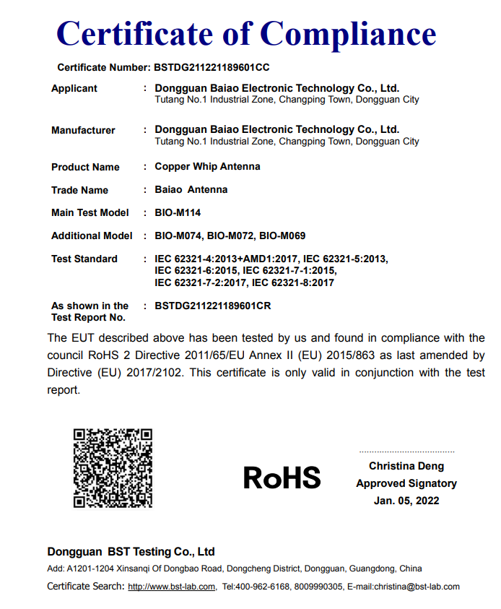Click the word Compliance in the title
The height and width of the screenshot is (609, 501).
tap(349, 34)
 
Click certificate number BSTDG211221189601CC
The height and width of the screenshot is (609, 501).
tap(212, 67)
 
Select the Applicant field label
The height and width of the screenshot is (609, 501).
tap(74, 88)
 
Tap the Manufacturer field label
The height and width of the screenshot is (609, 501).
tap(83, 130)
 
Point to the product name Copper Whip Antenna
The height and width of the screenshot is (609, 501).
tap(207, 166)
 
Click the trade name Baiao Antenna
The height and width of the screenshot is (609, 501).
tap(191, 189)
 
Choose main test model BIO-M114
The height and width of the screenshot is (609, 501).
tap(178, 212)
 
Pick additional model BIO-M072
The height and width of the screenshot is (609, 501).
tap(232, 236)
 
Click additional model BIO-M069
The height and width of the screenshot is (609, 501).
tap(282, 236)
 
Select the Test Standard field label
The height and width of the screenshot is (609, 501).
tap(84, 259)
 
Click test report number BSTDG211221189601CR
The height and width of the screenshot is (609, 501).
tap(213, 306)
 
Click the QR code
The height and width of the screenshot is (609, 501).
tap(113, 468)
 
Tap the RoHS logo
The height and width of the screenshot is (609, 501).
tap(282, 478)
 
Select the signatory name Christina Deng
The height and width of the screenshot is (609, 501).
tap(406, 466)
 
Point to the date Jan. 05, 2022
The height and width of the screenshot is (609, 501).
tap(406, 500)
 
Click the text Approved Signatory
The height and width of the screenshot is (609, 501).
tap(406, 483)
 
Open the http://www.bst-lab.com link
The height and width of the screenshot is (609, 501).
tap(172, 587)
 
